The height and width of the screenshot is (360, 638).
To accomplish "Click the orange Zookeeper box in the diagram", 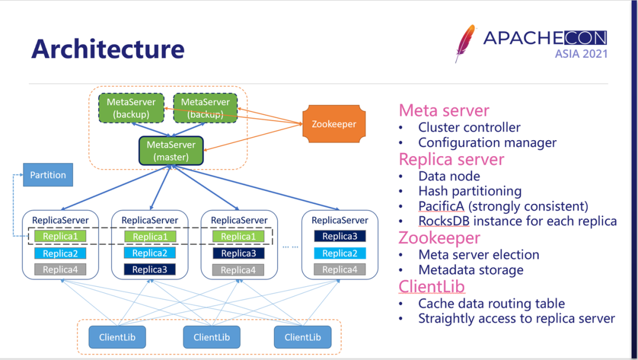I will point(334,124).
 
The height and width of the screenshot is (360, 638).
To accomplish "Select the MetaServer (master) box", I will point(171,151).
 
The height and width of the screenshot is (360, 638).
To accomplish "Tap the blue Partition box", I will point(48,175).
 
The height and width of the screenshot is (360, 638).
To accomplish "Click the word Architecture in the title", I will point(108,48).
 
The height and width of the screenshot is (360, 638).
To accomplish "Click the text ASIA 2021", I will point(581,54).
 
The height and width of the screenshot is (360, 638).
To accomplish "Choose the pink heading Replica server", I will point(451,160).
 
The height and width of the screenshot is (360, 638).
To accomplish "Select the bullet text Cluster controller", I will point(469,127).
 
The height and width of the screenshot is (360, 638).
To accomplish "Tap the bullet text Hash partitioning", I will point(470,191).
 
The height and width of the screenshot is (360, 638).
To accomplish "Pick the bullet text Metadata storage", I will point(471,270).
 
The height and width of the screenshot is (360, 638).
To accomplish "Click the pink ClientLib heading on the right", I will point(431,287).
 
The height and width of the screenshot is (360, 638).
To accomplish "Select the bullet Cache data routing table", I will point(491,303).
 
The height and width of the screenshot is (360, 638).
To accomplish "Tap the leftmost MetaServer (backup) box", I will point(131,108).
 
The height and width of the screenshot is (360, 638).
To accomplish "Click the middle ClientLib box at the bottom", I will point(211,337).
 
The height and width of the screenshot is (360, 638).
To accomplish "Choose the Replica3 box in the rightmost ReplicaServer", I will point(340,236).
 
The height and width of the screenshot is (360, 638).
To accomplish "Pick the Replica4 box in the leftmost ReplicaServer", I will point(60,270).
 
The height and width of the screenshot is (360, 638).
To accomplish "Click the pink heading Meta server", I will point(444,111).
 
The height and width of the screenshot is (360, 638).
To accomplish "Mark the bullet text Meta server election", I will point(479,255).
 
